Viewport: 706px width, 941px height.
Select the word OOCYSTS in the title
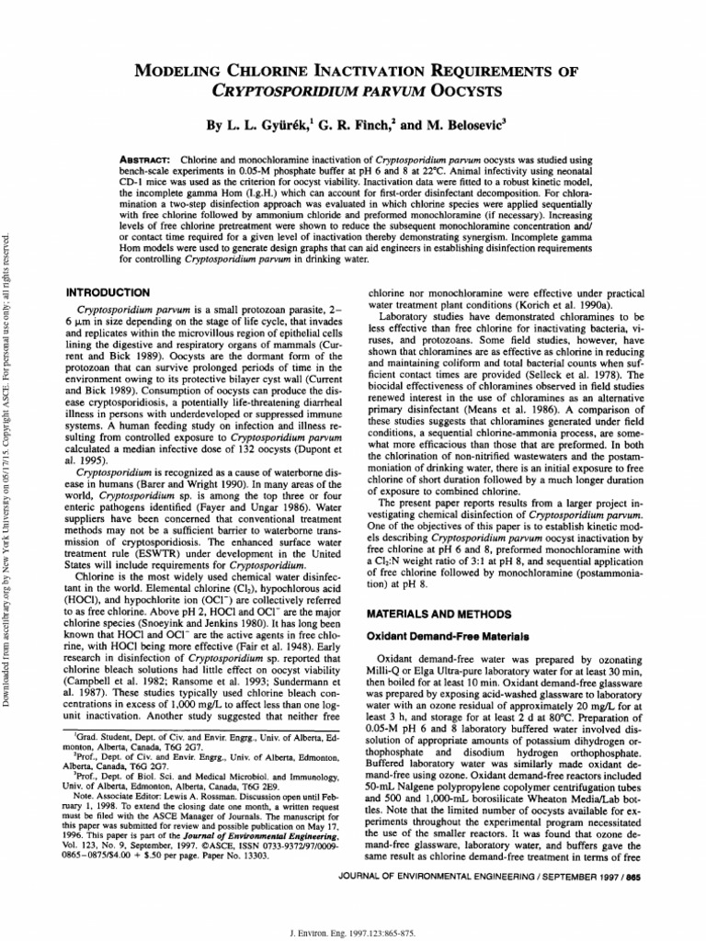pyautogui.click(x=478, y=92)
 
